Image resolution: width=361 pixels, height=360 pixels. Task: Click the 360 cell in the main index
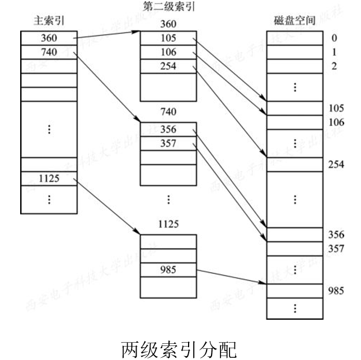pyautogui.click(x=49, y=38)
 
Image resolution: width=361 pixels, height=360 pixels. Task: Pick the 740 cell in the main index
pyautogui.click(x=49, y=52)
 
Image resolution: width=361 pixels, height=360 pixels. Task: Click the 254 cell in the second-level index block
pyautogui.click(x=168, y=66)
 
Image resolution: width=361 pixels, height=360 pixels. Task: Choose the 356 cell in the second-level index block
pyautogui.click(x=168, y=130)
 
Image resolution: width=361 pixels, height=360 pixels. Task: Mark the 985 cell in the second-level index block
pyautogui.click(x=168, y=270)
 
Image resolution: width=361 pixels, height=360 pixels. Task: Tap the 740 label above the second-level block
pyautogui.click(x=168, y=112)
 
